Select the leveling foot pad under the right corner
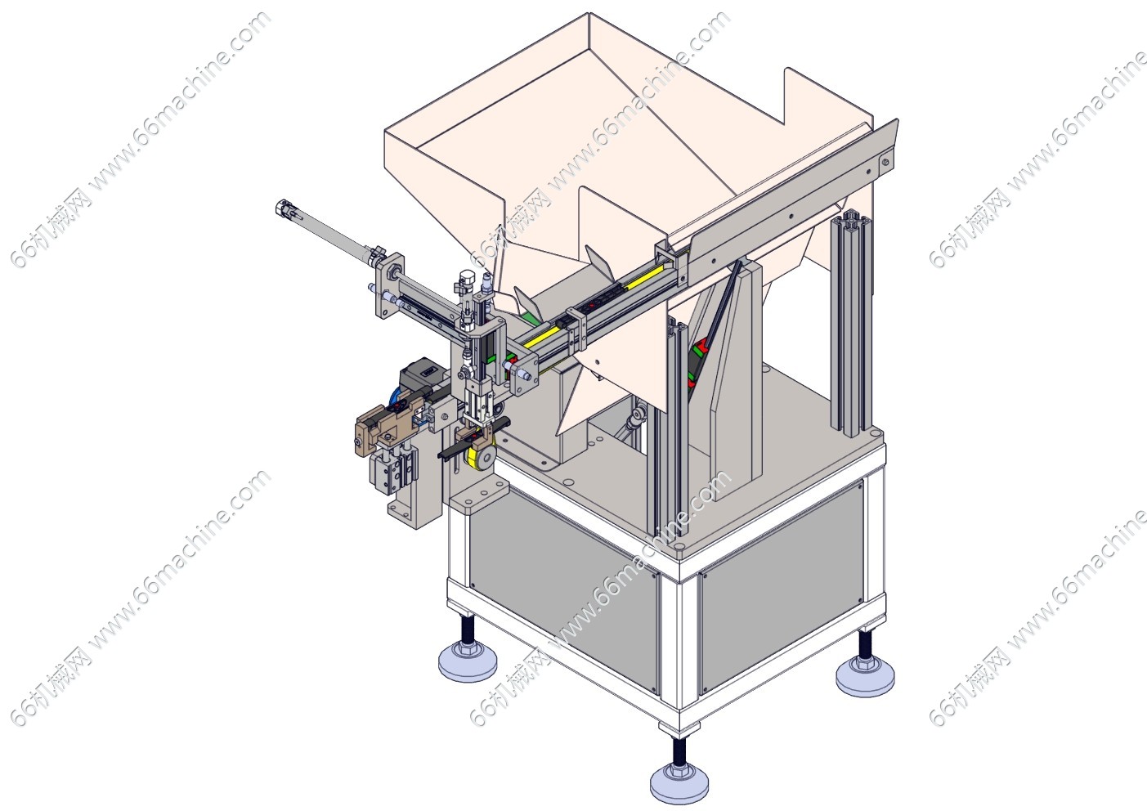tap(865, 679)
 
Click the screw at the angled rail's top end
tap(885, 163)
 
